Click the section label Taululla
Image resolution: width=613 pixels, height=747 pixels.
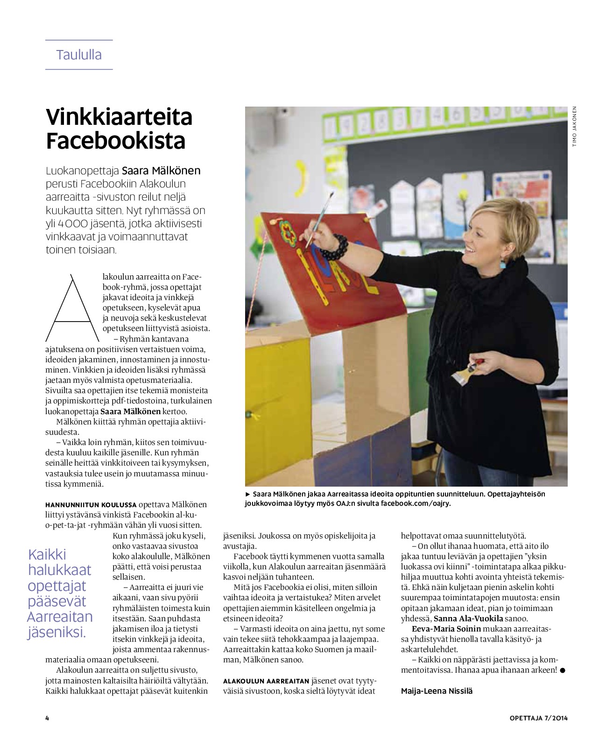[79, 55]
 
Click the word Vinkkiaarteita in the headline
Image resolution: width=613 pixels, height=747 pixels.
[119, 117]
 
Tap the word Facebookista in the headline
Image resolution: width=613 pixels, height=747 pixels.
[116, 141]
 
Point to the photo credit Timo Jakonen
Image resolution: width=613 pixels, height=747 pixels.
[575, 127]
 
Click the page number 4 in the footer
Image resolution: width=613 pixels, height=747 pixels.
[47, 718]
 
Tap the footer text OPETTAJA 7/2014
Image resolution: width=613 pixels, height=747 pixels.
[538, 718]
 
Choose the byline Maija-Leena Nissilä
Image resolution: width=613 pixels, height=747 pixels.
[437, 691]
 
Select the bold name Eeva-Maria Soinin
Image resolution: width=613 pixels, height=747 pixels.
[446, 629]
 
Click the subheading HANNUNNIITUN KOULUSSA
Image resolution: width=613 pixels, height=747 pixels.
[91, 505]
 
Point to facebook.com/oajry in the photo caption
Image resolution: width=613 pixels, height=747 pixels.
[416, 503]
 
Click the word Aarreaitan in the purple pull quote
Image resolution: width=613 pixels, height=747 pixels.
[60, 617]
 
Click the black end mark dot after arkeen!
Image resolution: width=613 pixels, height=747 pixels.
[562, 670]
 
